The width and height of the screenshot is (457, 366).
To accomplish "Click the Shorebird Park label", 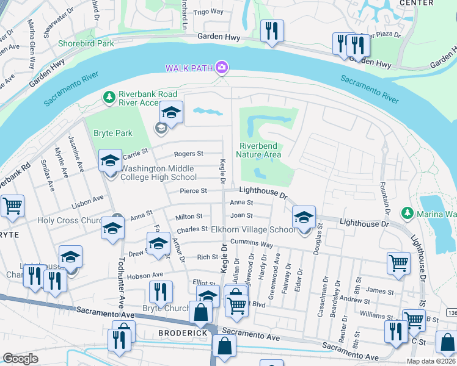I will pos(86,43).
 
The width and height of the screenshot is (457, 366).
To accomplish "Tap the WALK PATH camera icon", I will pos(222,66).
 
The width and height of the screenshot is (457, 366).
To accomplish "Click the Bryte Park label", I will pos(112,133).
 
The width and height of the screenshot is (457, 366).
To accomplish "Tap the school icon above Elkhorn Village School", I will pos(304,217).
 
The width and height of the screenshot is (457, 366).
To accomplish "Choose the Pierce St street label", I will pos(194,191).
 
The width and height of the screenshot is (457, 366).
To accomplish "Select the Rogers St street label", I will pos(188,154).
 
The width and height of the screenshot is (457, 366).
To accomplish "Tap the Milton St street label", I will pos(189,217).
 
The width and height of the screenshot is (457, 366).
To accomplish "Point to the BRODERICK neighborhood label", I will pos(179,333).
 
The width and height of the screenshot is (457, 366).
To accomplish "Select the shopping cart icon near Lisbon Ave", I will pos(12,206).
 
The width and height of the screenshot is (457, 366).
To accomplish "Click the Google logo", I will pos(20,359).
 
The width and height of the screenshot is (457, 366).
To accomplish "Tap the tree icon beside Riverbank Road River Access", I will pos(109,97).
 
